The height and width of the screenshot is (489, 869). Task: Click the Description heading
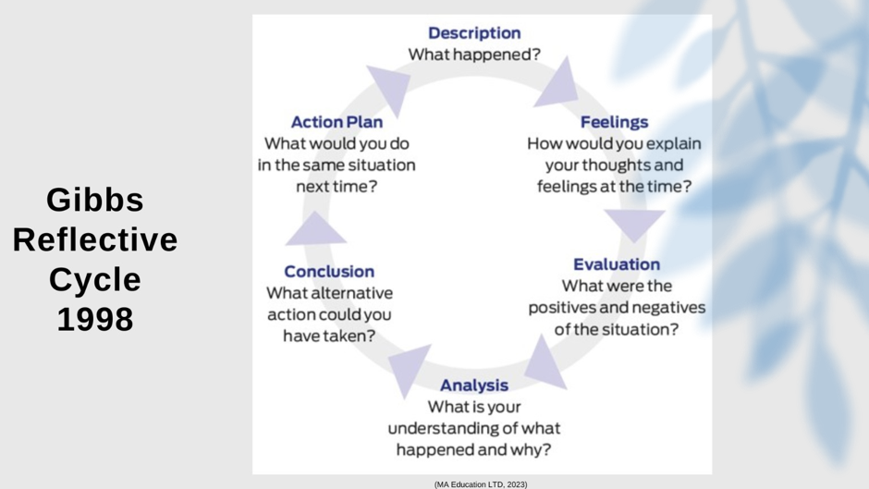474,33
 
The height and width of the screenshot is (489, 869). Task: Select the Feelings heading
614,122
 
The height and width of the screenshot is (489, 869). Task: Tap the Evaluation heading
616,265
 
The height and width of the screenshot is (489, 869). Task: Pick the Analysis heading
473,385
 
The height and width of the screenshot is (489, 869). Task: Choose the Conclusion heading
329,272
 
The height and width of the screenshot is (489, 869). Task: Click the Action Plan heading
337,122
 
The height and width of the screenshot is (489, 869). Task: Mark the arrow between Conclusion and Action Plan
315,229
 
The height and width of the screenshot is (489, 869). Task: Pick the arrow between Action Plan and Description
388,89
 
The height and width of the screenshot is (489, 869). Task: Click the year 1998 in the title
95,320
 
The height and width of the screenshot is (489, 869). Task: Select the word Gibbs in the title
95,200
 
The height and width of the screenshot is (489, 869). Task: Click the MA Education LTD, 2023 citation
481,483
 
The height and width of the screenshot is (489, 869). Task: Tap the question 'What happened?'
474,55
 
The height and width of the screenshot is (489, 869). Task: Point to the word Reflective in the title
95,240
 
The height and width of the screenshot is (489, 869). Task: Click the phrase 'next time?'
337,187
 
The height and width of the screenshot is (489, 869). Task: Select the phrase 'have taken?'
329,336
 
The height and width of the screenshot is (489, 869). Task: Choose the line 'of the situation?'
616,329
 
